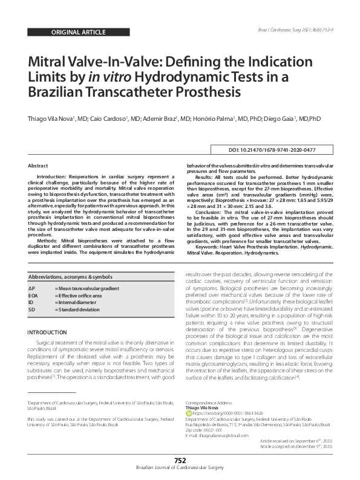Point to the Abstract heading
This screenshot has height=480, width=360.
point(38,165)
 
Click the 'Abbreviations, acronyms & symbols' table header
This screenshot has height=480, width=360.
point(69,276)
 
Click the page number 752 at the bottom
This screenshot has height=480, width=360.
point(180,461)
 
